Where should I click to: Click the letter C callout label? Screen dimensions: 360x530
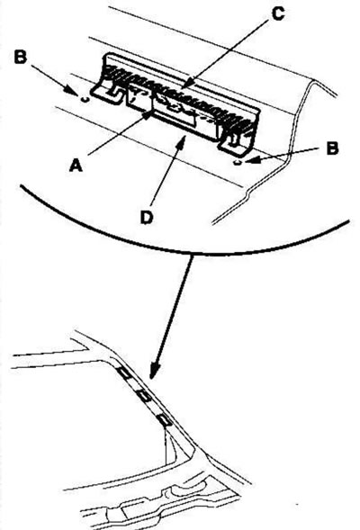[278, 14]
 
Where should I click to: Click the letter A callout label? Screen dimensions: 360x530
[76, 166]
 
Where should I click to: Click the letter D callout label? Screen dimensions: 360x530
[147, 218]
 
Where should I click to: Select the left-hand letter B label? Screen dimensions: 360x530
[21, 57]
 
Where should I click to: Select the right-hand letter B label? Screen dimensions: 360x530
[333, 148]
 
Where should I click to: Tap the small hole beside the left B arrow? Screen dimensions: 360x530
[85, 99]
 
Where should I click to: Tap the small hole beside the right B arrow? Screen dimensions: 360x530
[238, 163]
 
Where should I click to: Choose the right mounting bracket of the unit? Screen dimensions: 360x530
[238, 144]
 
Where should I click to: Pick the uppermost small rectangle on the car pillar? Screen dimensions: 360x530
[123, 373]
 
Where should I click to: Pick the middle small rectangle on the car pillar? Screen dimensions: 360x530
[143, 396]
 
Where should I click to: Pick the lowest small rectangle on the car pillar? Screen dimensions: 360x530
[165, 420]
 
